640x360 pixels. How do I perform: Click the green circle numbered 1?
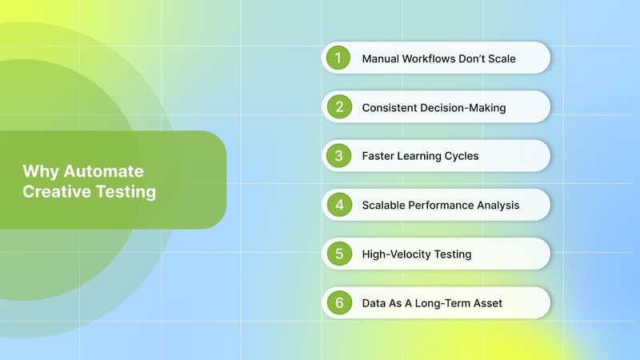coord(338,58)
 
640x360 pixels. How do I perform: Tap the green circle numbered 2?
coord(338,107)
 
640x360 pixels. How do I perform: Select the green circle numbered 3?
coord(338,156)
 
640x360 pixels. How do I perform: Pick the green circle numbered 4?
coord(338,205)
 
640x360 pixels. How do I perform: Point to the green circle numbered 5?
coord(338,254)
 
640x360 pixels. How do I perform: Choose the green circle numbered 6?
coord(338,303)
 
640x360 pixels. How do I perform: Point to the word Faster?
coord(380,156)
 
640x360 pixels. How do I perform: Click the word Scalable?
coord(386,205)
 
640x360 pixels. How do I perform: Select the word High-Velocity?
coord(395,254)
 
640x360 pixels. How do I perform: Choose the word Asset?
coord(486,303)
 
